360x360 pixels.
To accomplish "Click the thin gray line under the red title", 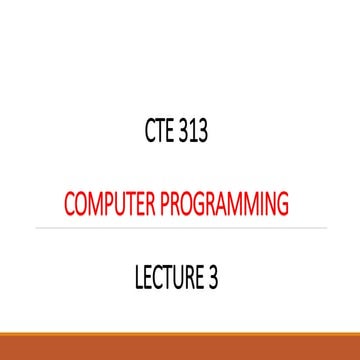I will pyautogui.click(x=180, y=228).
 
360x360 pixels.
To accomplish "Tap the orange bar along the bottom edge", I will pyautogui.click(x=180, y=355).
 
